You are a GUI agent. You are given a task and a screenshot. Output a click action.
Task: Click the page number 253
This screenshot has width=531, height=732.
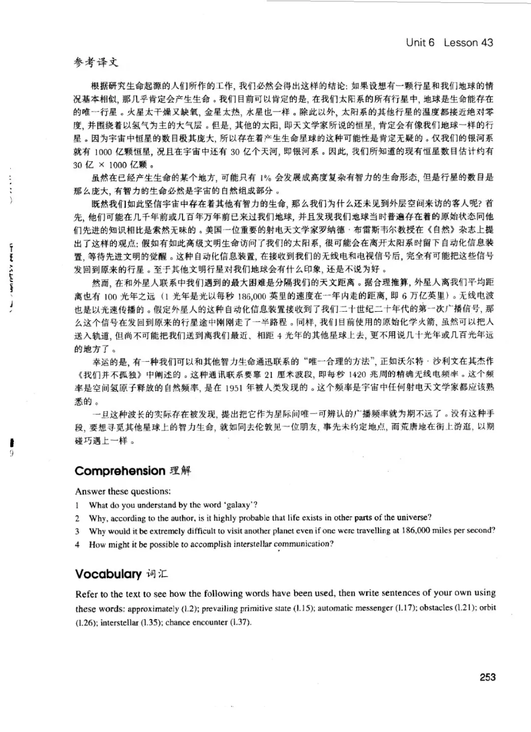[x=487, y=677]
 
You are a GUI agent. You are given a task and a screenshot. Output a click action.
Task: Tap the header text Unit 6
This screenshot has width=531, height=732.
[x=420, y=42]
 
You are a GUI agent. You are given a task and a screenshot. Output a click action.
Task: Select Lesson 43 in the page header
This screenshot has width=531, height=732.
[x=468, y=42]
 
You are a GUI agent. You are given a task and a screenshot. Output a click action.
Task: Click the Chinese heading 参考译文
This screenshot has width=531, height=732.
[x=96, y=62]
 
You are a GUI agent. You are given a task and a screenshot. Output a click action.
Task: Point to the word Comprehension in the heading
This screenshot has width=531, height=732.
[x=120, y=470]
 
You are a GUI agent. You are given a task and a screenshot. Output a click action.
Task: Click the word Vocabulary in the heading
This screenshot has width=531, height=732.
[x=108, y=574]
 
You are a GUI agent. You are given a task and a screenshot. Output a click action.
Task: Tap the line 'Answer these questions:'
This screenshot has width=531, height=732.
[x=123, y=491]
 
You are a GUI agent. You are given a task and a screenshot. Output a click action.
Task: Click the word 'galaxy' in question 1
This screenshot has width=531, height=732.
[x=238, y=504]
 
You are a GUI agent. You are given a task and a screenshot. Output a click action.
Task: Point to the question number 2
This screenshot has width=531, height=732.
[x=78, y=518]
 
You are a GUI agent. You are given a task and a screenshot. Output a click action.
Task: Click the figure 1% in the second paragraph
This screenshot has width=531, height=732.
[x=266, y=178]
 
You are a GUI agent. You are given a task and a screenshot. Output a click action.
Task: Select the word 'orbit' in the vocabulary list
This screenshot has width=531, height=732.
[x=488, y=608]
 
